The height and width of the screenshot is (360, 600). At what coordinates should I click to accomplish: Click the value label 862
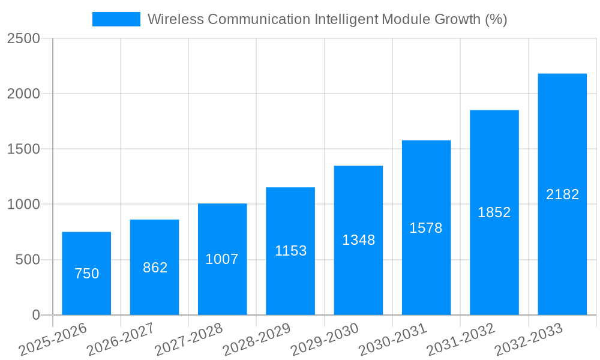tap(155, 268)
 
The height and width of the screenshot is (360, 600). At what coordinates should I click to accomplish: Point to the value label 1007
tap(222, 259)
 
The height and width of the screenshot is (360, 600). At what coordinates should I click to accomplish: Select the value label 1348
tap(358, 240)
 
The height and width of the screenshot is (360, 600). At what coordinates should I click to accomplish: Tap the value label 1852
tap(494, 212)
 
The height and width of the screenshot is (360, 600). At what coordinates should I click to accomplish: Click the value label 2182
tap(562, 194)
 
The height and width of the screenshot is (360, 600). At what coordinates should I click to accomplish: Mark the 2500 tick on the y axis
tap(23, 38)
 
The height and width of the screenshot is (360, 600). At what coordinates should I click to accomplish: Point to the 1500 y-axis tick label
tap(23, 149)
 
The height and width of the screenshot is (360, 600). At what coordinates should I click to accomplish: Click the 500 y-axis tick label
tap(28, 260)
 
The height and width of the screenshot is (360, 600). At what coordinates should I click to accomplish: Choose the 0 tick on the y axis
tap(35, 315)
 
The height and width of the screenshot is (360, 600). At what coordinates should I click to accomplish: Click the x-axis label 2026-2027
tap(121, 339)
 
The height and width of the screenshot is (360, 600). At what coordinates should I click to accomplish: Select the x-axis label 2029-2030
tap(325, 339)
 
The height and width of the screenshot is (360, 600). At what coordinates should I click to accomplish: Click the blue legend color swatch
tap(116, 19)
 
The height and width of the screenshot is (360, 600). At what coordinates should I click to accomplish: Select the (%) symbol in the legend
tap(496, 19)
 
